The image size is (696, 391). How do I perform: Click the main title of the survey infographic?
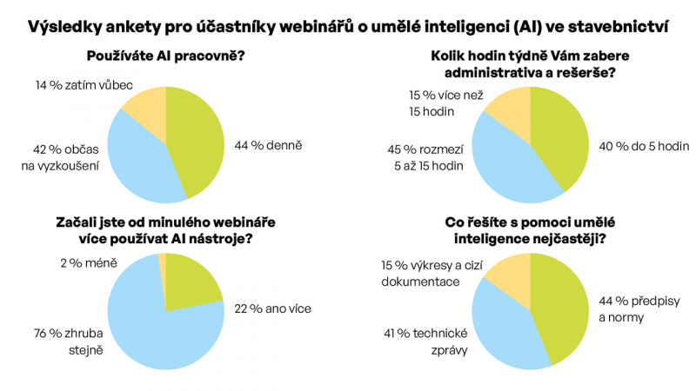click(x=348, y=27)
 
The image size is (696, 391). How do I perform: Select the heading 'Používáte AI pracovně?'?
click(x=165, y=56)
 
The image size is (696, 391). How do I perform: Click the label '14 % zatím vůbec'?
click(x=84, y=85)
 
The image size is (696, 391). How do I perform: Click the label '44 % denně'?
click(x=268, y=145)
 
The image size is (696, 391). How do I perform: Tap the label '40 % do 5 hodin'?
click(x=644, y=146)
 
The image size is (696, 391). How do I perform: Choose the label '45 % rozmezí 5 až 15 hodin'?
click(x=425, y=158)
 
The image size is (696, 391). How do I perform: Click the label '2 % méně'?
click(x=89, y=263)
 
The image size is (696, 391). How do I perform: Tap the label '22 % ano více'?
click(x=272, y=308)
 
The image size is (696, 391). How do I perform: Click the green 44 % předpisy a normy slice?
click(x=561, y=306)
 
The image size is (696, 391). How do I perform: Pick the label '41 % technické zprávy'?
click(x=425, y=341)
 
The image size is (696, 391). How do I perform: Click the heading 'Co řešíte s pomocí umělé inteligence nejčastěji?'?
click(x=530, y=230)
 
